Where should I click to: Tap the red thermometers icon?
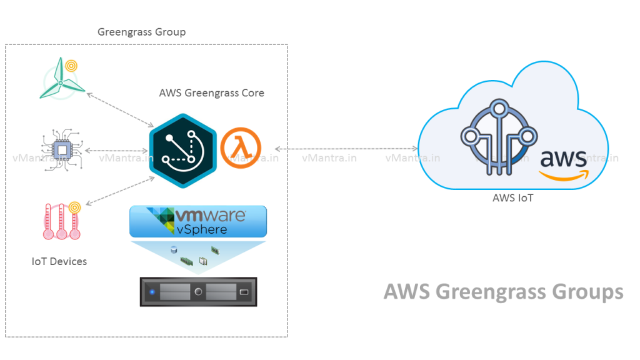coord(62,222)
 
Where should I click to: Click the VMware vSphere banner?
coord(198,222)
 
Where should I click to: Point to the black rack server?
coord(198,292)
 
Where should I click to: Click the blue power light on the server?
coord(151,292)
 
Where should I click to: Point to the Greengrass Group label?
coord(141,32)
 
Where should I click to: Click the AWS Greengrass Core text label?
coord(211,93)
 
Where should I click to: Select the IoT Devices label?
coord(59,261)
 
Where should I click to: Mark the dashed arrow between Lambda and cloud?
coord(346,148)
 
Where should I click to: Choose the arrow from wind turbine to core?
coord(121,109)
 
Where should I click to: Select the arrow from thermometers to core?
coord(121,191)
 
